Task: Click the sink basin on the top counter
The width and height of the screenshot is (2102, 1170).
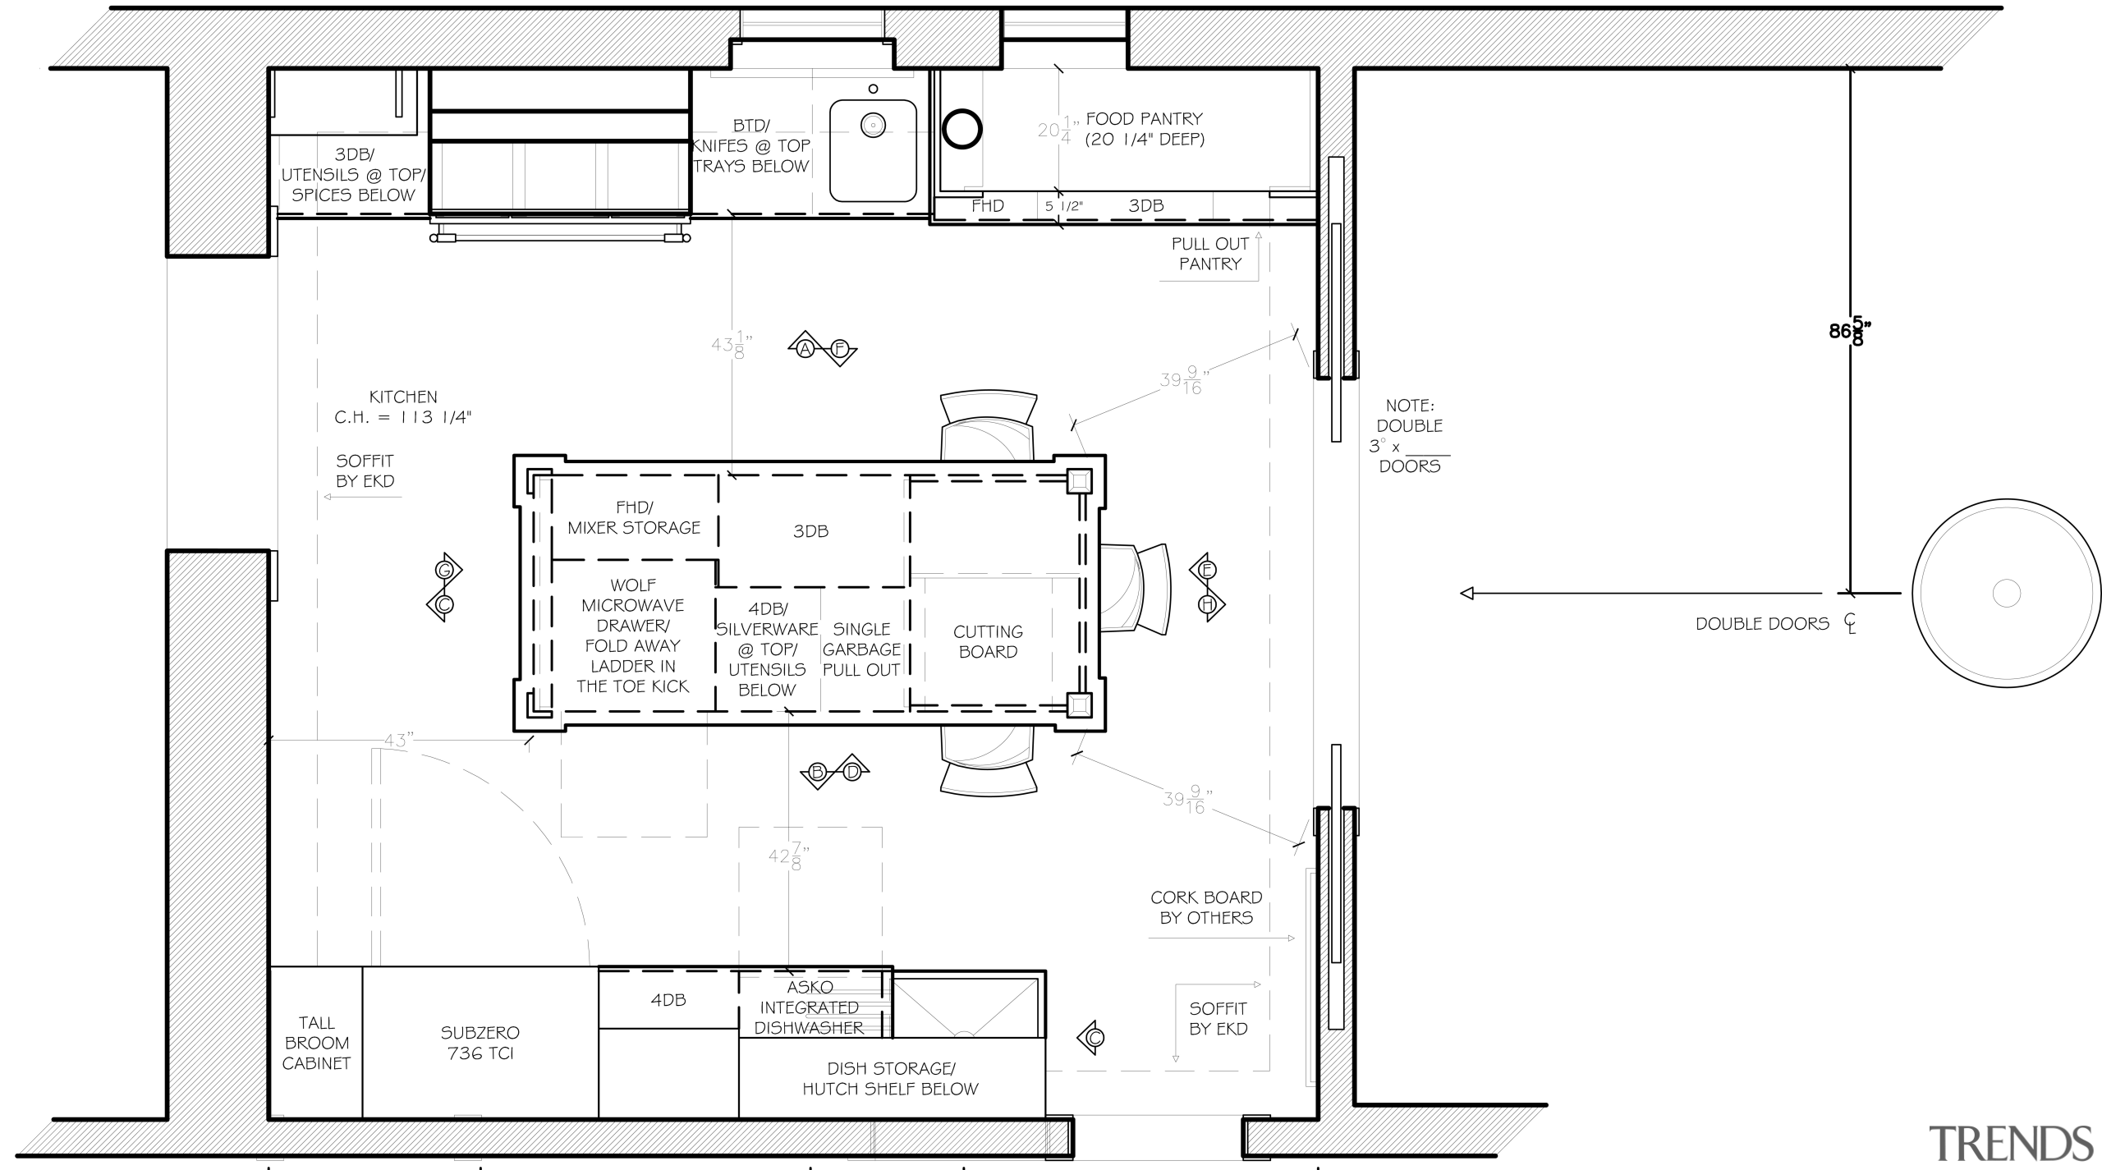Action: tap(872, 150)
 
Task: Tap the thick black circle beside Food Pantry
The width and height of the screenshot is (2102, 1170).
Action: tap(962, 129)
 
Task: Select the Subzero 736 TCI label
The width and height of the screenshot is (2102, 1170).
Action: tap(480, 1043)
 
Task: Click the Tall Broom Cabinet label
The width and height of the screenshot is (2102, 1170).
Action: tap(316, 1043)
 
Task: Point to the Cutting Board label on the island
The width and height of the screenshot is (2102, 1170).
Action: tap(988, 641)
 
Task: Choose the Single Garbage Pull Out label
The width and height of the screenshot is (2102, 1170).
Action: tap(861, 649)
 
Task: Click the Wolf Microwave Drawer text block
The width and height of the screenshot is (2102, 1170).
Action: tap(632, 635)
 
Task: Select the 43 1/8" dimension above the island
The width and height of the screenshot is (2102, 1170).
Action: tap(732, 345)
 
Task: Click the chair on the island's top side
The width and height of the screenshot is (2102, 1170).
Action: tap(988, 424)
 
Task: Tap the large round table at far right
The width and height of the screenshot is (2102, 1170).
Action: tap(2006, 592)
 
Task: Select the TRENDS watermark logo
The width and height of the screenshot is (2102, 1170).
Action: tap(2010, 1143)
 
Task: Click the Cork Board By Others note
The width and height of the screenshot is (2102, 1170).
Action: tap(1206, 907)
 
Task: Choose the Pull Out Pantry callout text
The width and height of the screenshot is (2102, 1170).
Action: tap(1209, 254)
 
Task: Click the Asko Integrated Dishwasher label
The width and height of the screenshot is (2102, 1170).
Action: tap(809, 1007)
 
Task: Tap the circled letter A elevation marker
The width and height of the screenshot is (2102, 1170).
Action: tap(805, 349)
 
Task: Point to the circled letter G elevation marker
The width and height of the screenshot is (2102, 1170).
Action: tap(445, 570)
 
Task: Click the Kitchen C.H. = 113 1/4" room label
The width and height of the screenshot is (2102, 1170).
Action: tap(403, 407)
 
